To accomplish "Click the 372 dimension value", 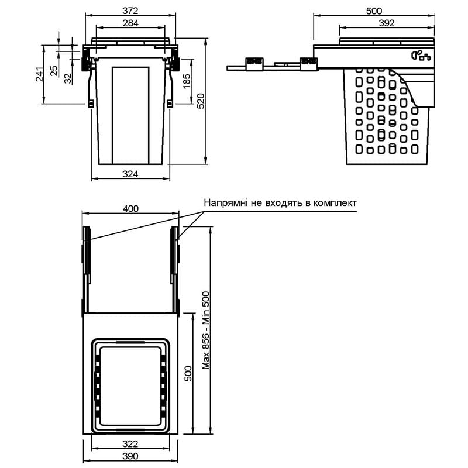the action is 130,11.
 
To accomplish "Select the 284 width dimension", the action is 130,23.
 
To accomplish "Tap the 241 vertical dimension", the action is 39,74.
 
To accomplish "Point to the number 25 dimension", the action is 54,71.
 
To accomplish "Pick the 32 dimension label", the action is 68,78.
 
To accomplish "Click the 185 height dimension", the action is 186,81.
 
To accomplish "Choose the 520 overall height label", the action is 201,101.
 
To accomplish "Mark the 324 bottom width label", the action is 130,174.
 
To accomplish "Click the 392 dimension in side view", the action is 387,23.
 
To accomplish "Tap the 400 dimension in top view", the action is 130,208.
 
